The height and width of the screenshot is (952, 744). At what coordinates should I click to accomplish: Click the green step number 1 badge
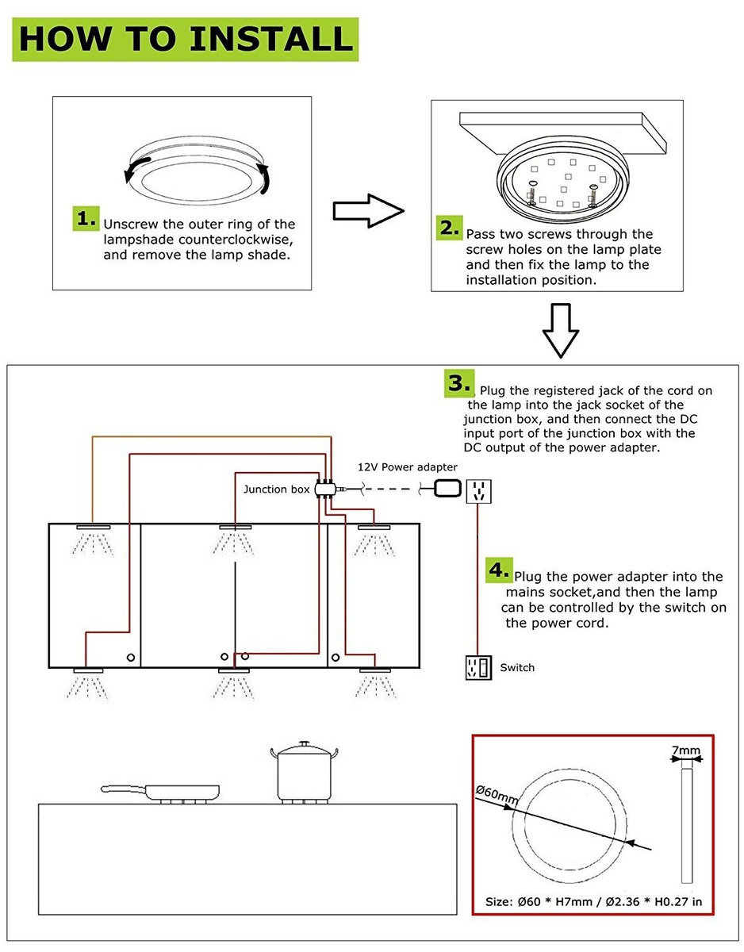click(86, 218)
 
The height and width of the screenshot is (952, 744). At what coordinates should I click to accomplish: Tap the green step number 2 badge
click(448, 228)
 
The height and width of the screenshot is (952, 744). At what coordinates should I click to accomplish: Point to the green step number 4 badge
click(498, 570)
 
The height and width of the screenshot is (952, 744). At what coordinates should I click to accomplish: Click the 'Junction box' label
click(276, 489)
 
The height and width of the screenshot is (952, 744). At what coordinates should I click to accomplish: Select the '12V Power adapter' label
click(407, 466)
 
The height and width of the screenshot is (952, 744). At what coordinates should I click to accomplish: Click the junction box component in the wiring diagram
click(324, 489)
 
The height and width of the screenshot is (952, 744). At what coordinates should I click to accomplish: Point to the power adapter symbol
click(447, 489)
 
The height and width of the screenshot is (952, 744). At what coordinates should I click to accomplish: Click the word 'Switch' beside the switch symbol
click(517, 668)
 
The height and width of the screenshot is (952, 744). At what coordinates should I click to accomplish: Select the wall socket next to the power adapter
click(479, 490)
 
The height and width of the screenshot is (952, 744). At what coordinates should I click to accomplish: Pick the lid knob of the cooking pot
click(304, 744)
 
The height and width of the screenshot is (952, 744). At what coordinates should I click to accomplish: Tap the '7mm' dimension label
click(686, 750)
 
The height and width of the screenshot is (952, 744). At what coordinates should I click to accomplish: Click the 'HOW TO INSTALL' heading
click(186, 39)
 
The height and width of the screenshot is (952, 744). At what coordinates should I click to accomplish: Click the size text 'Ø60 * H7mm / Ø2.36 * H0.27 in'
click(593, 902)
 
